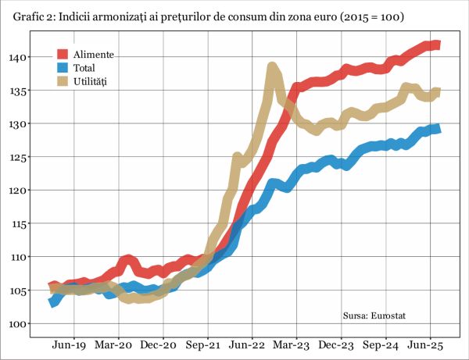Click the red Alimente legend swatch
63,54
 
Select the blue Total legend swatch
63,68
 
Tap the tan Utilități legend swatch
63,81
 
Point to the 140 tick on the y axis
19,57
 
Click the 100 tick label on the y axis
19,323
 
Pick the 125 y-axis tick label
19,157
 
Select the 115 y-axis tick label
19,223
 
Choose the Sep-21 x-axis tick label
207,344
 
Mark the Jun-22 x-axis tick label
252,344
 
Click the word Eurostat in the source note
391,315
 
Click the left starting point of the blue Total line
52,303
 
